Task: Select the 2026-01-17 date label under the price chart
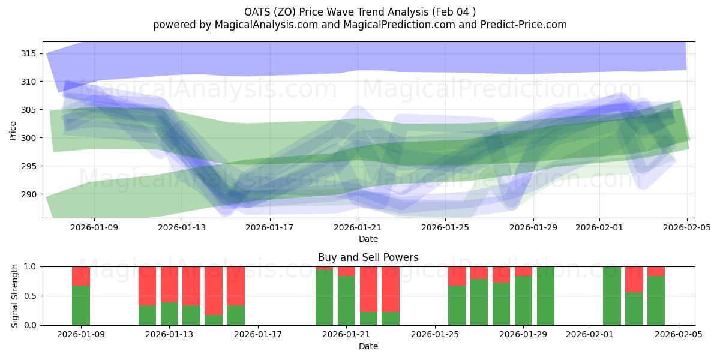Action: (270, 227)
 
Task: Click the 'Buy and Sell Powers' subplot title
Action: (368, 257)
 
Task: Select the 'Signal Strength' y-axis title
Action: (15, 296)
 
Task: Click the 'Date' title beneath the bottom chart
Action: (368, 346)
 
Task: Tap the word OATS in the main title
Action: (257, 12)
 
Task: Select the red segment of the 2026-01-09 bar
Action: (81, 275)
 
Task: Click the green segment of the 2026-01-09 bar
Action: (81, 305)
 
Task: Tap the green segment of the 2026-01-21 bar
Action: (346, 301)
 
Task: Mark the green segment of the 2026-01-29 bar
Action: (523, 301)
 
